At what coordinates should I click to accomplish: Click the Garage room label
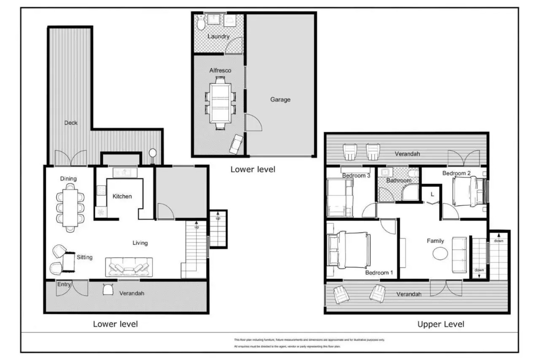point(280,99)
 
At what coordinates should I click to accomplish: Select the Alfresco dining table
point(220,103)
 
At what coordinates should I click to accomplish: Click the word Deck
point(71,123)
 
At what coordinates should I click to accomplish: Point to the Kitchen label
point(122,196)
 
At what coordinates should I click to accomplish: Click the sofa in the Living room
point(129,267)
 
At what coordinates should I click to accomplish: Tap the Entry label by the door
point(64,284)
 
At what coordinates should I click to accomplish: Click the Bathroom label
point(399,180)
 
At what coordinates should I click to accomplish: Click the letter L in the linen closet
point(432,194)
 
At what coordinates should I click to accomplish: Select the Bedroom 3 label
point(356,175)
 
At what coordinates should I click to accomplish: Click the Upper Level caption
point(440,324)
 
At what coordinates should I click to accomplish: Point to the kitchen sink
point(125,172)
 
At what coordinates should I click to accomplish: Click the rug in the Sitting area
point(69,262)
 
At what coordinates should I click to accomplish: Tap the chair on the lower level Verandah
point(108,289)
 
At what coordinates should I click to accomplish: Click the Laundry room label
point(218,36)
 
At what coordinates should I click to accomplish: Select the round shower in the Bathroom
point(411,193)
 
